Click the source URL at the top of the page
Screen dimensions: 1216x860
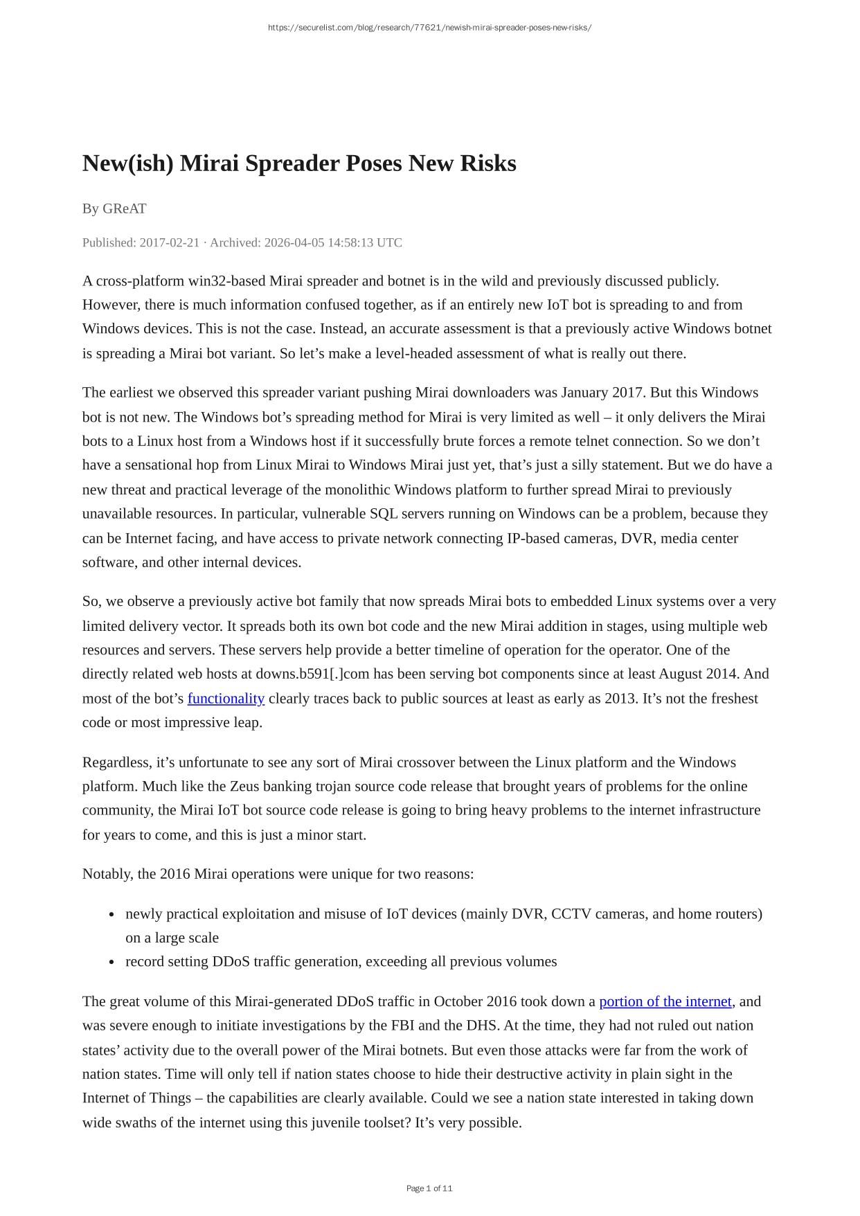click(x=429, y=28)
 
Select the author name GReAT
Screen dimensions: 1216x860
click(x=124, y=208)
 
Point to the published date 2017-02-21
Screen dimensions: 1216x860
click(x=169, y=242)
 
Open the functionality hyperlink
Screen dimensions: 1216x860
click(x=226, y=698)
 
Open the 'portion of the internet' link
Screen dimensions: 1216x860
click(x=665, y=1001)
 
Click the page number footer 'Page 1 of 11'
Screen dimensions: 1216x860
click(x=429, y=1188)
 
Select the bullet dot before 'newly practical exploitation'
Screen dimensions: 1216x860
click(x=111, y=914)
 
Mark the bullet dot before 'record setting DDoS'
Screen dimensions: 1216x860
click(x=111, y=962)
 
